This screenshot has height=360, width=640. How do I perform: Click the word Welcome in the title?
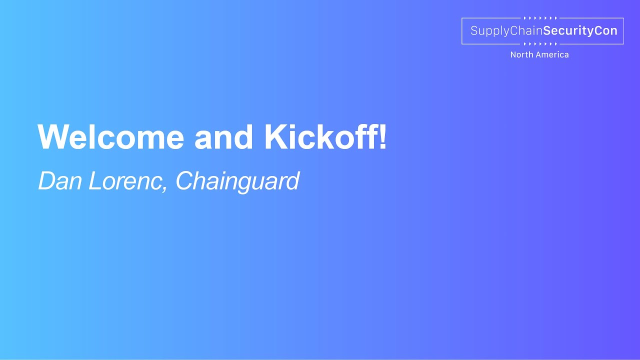pos(111,137)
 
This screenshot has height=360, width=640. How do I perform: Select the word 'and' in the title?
pos(223,137)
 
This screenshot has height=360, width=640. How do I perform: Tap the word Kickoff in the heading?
pos(320,137)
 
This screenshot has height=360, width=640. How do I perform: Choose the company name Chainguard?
pos(237,181)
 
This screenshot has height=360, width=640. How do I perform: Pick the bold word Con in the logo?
pos(606,31)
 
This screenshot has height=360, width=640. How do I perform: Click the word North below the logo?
pos(521,55)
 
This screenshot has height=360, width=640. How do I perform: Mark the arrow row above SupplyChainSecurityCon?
pos(540,18)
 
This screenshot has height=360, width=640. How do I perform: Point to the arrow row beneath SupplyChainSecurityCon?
pos(540,44)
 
